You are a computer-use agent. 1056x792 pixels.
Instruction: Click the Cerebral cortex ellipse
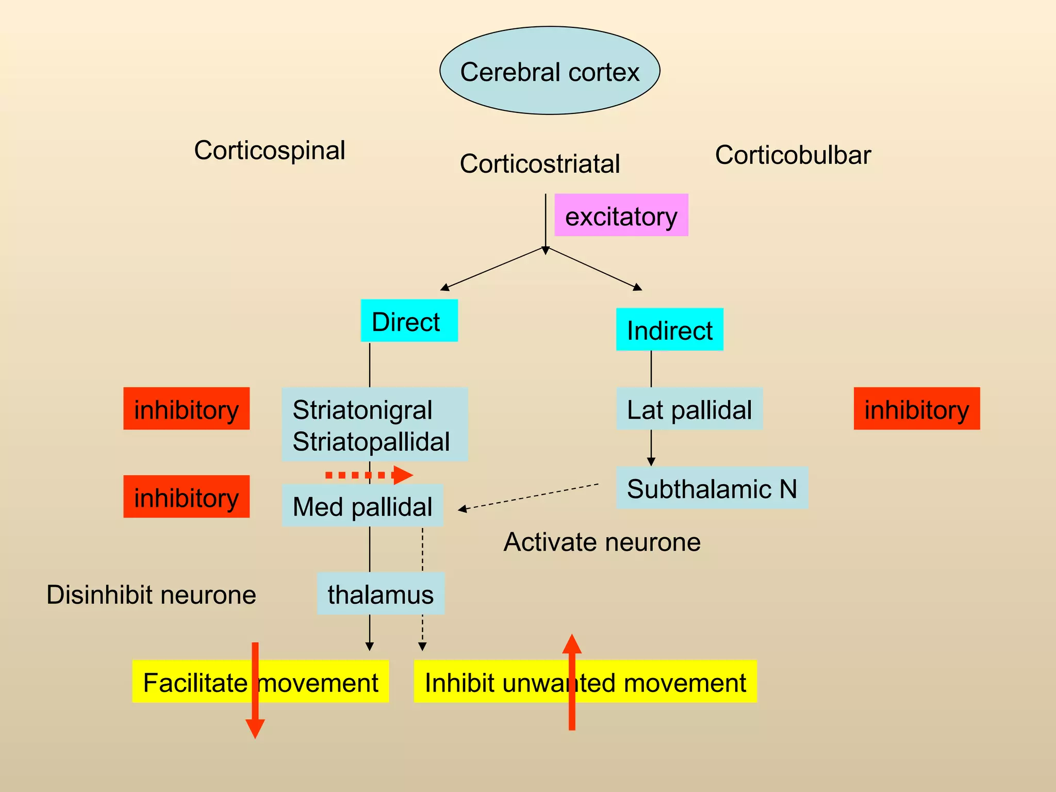550,71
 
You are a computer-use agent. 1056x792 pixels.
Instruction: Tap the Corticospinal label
269,151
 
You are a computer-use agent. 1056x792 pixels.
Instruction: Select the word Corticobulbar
793,155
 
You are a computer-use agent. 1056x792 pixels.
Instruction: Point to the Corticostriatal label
539,164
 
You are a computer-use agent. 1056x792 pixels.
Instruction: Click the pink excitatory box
621,216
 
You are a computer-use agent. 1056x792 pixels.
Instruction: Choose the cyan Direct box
409,321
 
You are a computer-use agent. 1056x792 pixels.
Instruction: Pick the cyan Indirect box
669,329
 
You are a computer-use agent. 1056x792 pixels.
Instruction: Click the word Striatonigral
362,410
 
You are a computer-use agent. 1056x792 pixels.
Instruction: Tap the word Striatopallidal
371,442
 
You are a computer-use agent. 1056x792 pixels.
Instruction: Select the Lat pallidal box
689,409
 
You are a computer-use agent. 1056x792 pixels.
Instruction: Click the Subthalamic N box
712,488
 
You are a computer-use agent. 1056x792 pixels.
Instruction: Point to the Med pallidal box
362,506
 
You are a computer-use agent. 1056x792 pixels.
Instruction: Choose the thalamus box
381,594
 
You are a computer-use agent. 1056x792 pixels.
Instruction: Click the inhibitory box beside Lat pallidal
916,409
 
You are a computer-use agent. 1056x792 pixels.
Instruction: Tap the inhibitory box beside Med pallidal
186,497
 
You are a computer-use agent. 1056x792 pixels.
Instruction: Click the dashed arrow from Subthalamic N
529,497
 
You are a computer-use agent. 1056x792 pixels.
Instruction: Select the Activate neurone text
602,542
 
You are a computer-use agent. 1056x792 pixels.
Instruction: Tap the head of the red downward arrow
255,728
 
